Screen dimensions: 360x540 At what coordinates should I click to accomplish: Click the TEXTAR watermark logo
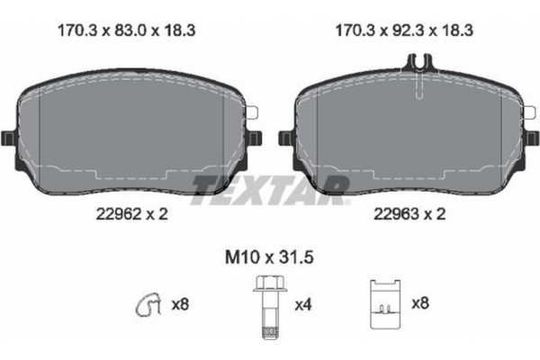(270, 185)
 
